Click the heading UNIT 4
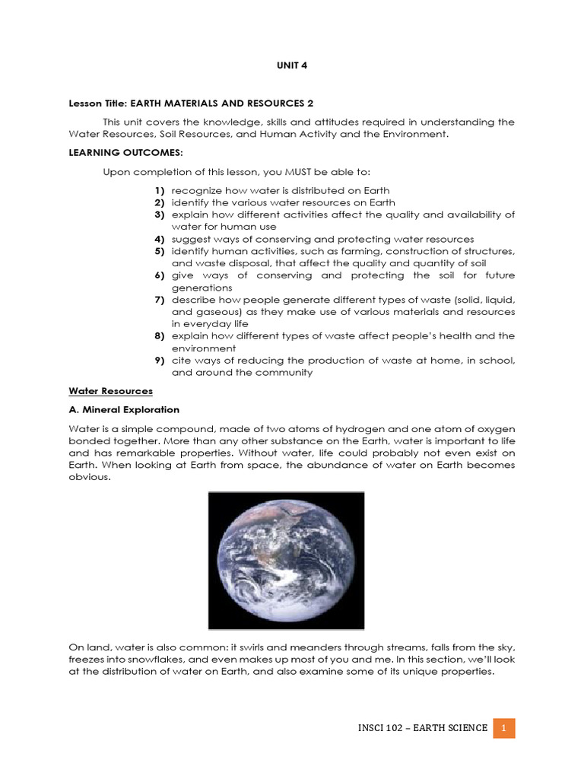pos(291,65)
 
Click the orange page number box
pos(503,728)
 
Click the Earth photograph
pos(286,560)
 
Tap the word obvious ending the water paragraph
pos(89,477)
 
